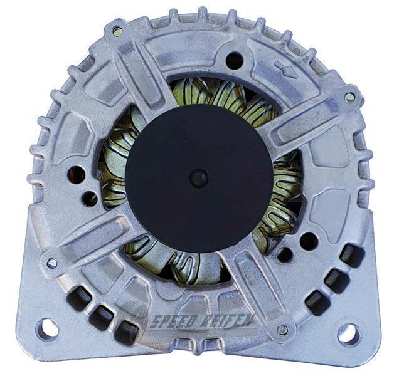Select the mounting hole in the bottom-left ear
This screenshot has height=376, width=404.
click(47, 328)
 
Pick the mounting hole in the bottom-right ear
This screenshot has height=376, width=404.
click(348, 333)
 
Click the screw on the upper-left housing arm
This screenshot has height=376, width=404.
click(118, 31)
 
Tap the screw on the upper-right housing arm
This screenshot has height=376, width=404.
click(349, 97)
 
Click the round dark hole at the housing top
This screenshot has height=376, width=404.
click(233, 60)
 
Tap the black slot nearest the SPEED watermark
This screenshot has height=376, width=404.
click(128, 331)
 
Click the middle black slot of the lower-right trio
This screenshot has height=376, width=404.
click(336, 281)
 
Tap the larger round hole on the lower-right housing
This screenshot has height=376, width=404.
click(308, 240)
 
